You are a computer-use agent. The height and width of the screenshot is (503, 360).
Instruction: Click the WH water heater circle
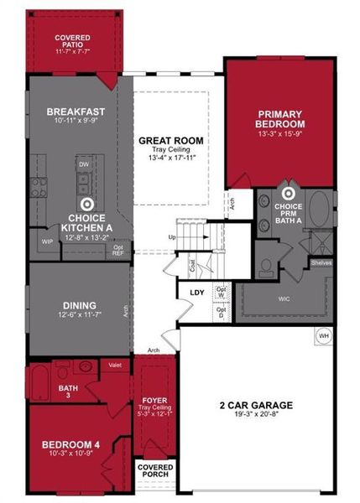(x=323, y=336)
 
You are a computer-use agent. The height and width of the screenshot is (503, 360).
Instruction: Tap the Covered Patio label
(x=72, y=39)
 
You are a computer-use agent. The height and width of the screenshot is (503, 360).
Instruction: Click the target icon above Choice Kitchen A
(x=86, y=203)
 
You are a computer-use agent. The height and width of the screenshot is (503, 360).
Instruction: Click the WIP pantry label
(x=47, y=241)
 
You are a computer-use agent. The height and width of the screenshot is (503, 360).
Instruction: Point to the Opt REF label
(x=118, y=250)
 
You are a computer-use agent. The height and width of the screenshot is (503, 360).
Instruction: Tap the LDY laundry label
(x=198, y=292)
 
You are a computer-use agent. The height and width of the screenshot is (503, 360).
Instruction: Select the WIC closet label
(x=269, y=297)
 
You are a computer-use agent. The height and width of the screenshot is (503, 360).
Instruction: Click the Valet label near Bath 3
(x=114, y=365)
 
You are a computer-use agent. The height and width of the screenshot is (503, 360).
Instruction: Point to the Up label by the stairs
(x=172, y=238)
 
